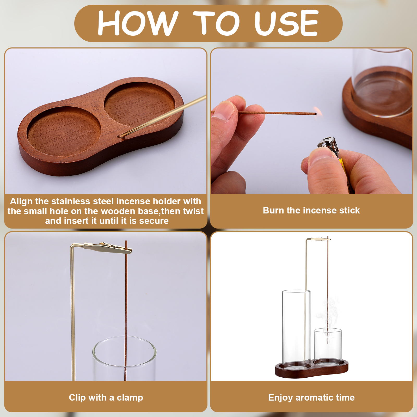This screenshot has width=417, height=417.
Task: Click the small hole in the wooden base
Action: [x=120, y=136]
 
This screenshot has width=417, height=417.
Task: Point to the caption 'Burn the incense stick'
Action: [x=311, y=210]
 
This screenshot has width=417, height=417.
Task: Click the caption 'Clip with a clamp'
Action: [x=106, y=397]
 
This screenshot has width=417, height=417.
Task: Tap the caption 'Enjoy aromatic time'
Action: [x=311, y=397]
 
